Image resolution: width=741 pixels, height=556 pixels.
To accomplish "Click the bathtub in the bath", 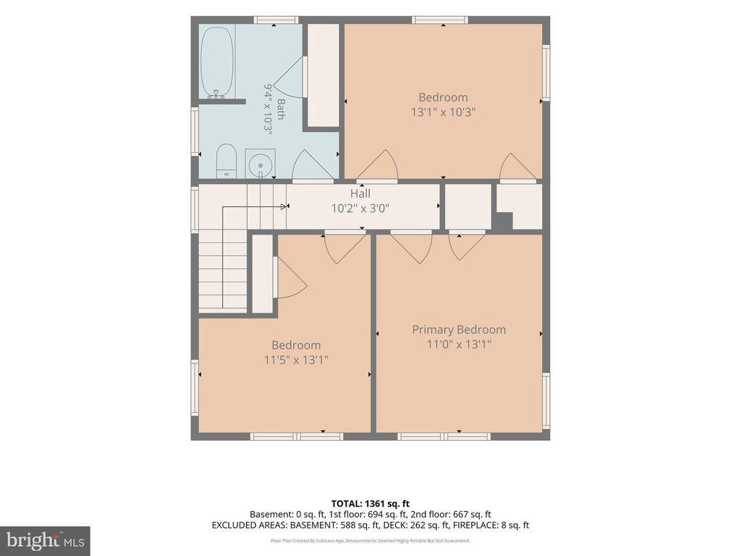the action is pyautogui.click(x=217, y=62).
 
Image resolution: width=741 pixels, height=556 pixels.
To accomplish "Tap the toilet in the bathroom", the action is pyautogui.click(x=226, y=161).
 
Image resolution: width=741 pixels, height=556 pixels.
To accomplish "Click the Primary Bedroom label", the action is pyautogui.click(x=459, y=329).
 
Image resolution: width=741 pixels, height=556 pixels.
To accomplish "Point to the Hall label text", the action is pyautogui.click(x=360, y=193).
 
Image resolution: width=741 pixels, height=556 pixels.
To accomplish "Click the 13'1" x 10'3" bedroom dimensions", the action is pyautogui.click(x=443, y=112).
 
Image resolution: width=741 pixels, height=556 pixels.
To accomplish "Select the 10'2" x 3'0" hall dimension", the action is pyautogui.click(x=360, y=208).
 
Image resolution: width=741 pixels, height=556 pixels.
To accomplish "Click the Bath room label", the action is pyautogui.click(x=281, y=109).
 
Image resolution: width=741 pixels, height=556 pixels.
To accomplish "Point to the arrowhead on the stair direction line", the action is pyautogui.click(x=285, y=206).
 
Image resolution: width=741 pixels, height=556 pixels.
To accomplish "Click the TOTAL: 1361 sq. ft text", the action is pyautogui.click(x=370, y=504).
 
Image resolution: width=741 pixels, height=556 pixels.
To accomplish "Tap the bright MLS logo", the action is pyautogui.click(x=45, y=541).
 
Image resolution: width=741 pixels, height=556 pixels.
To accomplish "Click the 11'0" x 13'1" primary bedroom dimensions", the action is pyautogui.click(x=459, y=345).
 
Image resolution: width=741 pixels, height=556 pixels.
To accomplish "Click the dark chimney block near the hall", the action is pyautogui.click(x=504, y=222).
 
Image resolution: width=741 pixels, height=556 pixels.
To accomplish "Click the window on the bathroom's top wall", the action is pyautogui.click(x=276, y=20).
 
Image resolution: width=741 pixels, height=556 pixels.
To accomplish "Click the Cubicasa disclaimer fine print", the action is pyautogui.click(x=370, y=540).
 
